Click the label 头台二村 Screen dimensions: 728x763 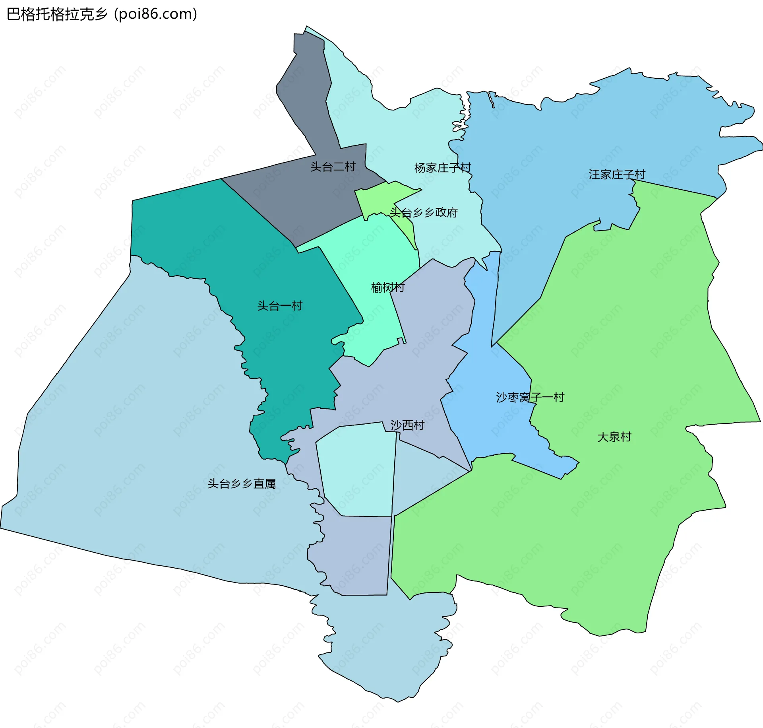click(x=333, y=167)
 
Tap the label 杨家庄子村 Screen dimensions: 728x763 click(x=442, y=168)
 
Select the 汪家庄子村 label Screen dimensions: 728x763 click(x=617, y=175)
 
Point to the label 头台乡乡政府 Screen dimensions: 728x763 click(x=424, y=213)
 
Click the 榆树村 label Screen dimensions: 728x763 click(x=387, y=287)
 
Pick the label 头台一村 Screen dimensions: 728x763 click(x=280, y=306)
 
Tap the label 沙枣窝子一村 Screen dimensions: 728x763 click(x=530, y=397)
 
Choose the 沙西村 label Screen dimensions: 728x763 click(x=407, y=425)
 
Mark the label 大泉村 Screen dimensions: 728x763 click(x=614, y=437)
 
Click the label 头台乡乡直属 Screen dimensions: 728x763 click(x=242, y=484)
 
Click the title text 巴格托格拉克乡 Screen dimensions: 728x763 click(x=57, y=14)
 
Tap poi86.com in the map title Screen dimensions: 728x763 click(x=155, y=14)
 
